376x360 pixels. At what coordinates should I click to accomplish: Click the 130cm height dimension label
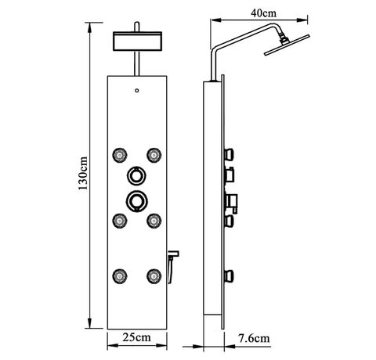(83, 173)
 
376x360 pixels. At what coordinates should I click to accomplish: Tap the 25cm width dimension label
(137, 337)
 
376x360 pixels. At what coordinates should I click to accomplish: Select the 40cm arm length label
(263, 13)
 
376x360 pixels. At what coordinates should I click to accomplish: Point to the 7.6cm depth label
(254, 338)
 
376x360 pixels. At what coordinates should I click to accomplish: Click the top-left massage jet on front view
(120, 156)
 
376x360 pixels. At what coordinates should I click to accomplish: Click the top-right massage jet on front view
(154, 156)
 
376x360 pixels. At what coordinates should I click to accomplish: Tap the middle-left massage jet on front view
(120, 221)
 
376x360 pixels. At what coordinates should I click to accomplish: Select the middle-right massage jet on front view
(154, 221)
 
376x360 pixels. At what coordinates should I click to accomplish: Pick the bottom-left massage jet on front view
(120, 276)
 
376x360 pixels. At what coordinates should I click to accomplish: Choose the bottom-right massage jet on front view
(154, 276)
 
